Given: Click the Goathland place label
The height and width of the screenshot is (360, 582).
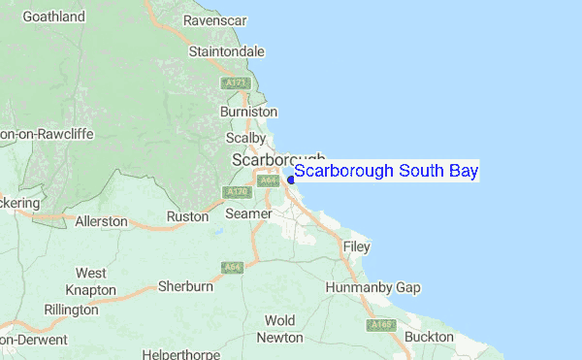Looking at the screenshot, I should coord(53,16).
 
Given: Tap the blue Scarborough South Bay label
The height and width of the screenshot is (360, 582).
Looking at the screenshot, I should coord(386,171).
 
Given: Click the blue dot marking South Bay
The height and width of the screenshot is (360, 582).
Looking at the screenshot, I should coord(290,179).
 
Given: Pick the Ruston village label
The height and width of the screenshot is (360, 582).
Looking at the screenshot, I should coord(187,216).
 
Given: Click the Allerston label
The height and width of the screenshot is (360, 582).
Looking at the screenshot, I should coord(101,221).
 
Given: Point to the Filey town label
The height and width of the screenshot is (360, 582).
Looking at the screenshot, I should coord(357,247).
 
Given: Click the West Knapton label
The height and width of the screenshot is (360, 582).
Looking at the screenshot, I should coord(90,281).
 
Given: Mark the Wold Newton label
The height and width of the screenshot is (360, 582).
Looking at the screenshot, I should coord(279,329).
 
